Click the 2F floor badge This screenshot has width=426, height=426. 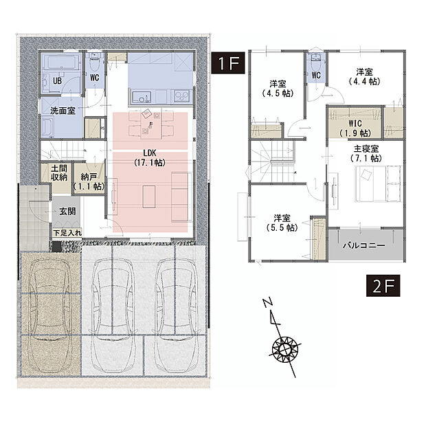click(x=377, y=285)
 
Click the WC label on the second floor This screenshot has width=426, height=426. click(x=316, y=74)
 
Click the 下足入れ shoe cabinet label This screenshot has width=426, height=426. click(x=68, y=234)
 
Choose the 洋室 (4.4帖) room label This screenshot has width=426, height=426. click(x=365, y=76)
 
